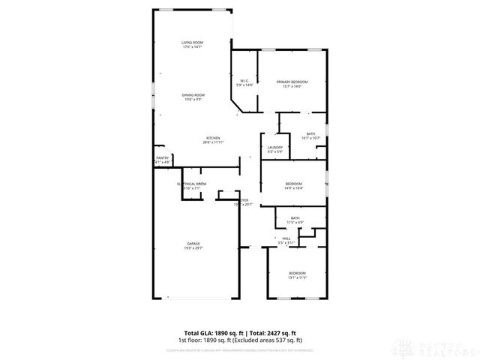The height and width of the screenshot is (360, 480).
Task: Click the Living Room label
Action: (192, 43)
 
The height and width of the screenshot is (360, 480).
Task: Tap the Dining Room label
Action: (193, 95)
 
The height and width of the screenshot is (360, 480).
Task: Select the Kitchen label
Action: (213, 138)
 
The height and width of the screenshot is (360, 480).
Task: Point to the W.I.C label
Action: (244, 81)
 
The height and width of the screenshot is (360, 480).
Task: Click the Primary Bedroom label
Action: (292, 82)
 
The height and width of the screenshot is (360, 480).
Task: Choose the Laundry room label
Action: (274, 148)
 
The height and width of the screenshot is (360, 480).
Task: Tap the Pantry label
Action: (163, 157)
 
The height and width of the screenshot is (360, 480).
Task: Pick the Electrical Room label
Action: (191, 184)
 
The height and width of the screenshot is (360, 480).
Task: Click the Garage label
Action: (193, 243)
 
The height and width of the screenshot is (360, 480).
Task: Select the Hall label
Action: (286, 239)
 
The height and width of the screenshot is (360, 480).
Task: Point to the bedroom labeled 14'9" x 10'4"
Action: (293, 184)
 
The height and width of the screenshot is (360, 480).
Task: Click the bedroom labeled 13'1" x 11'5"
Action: (298, 273)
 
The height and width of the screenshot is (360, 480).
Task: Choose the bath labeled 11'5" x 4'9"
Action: (295, 218)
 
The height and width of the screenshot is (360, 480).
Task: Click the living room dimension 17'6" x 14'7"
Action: (192, 47)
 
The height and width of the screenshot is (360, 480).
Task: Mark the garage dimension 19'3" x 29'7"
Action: (193, 247)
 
